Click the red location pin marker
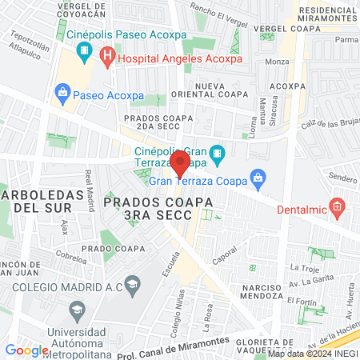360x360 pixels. pos(180,165)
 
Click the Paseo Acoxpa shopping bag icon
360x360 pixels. pos(62,94)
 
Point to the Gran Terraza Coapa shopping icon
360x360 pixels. pos(257,178)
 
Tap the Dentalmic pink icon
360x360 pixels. pos(338,209)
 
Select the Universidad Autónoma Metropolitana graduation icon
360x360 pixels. pos(77,310)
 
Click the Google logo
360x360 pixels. pos(26,350)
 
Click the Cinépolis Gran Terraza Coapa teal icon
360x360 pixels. pos(216,153)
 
